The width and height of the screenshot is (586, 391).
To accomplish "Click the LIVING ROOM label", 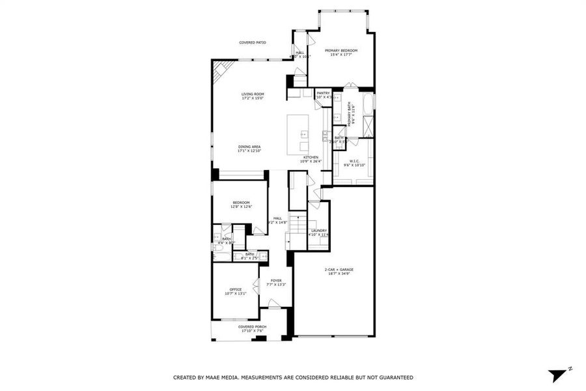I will (x=253, y=94).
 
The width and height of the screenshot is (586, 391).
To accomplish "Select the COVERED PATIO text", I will (x=252, y=42).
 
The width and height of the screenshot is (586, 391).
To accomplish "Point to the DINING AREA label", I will (x=249, y=147).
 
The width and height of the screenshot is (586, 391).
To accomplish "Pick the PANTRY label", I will (x=323, y=93).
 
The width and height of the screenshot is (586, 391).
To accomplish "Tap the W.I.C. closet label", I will (x=354, y=161).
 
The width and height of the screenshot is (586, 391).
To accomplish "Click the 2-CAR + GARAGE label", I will (x=339, y=269).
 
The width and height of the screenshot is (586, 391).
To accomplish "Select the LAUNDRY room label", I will (x=318, y=230).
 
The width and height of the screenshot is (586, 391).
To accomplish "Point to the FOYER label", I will (x=277, y=281).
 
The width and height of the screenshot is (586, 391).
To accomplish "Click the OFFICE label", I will (x=235, y=289).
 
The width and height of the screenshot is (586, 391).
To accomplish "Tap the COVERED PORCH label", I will (x=251, y=326).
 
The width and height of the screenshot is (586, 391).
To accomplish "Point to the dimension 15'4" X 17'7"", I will (x=341, y=55).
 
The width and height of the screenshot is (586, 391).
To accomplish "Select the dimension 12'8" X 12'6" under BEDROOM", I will (x=242, y=207).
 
